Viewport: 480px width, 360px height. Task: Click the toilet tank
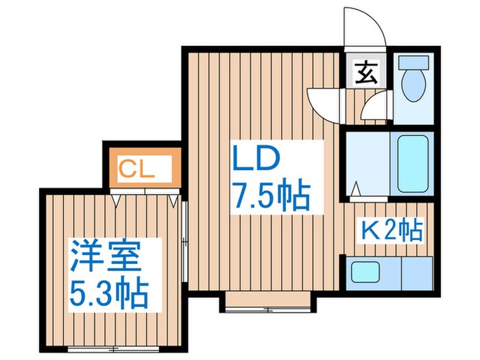point(413,62)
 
